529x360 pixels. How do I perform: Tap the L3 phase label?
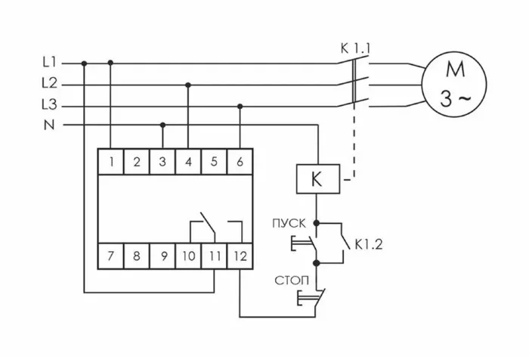click(x=49, y=105)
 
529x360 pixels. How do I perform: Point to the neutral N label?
click(x=49, y=125)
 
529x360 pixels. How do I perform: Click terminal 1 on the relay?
click(x=111, y=161)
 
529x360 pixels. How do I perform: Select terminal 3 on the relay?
click(x=162, y=161)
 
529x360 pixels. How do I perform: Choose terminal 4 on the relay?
click(x=188, y=161)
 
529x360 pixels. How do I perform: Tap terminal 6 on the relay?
click(x=240, y=161)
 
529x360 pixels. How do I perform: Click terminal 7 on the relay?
click(x=111, y=255)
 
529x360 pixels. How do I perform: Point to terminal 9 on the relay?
click(x=162, y=255)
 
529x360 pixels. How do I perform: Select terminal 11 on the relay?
click(x=214, y=255)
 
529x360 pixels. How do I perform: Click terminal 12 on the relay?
click(x=240, y=255)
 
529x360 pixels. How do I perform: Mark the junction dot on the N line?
click(x=162, y=125)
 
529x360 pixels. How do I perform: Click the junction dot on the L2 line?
click(x=188, y=85)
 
